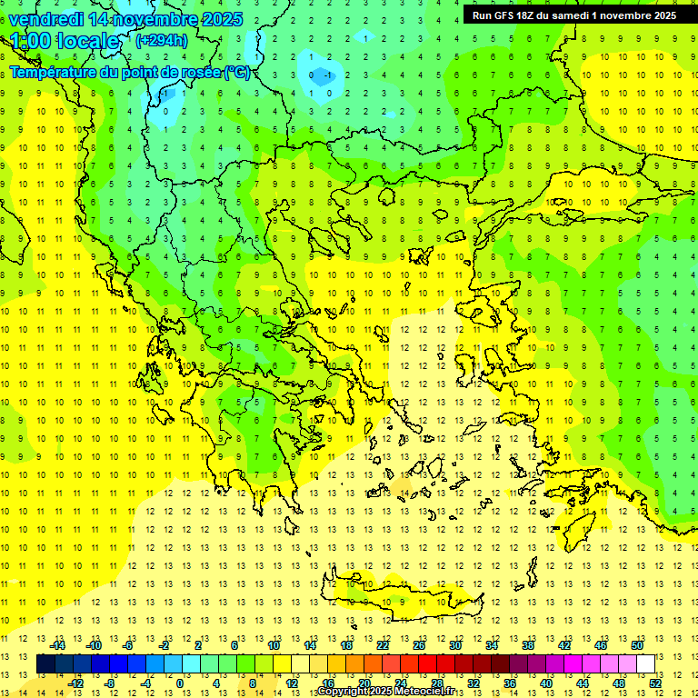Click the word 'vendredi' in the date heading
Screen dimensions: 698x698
tap(46, 19)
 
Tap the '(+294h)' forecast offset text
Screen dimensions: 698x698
tap(162, 40)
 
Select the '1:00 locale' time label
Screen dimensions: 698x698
tap(65, 41)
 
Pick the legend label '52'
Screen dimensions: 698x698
tap(655, 683)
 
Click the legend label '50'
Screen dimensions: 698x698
tap(637, 645)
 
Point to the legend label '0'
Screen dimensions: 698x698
tap(180, 683)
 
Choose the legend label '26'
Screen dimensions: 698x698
tap(419, 645)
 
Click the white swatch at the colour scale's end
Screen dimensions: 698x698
tap(646, 663)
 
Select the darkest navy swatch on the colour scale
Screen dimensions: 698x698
tap(45, 663)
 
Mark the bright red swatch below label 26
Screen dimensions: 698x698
tap(427, 663)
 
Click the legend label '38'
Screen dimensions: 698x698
tap(528, 645)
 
